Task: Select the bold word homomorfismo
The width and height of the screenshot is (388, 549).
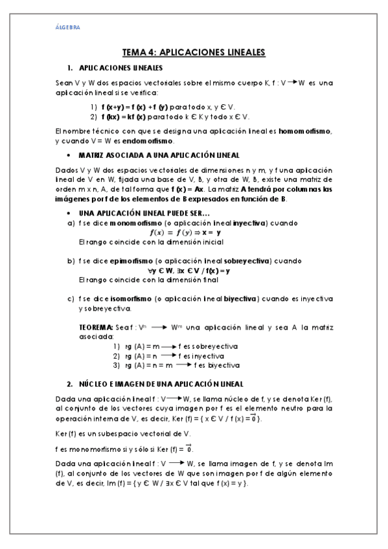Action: (x=304, y=131)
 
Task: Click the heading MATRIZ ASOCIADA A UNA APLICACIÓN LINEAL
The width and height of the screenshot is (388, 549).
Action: (x=159, y=155)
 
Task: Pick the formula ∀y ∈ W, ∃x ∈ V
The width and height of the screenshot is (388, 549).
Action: (x=188, y=270)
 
